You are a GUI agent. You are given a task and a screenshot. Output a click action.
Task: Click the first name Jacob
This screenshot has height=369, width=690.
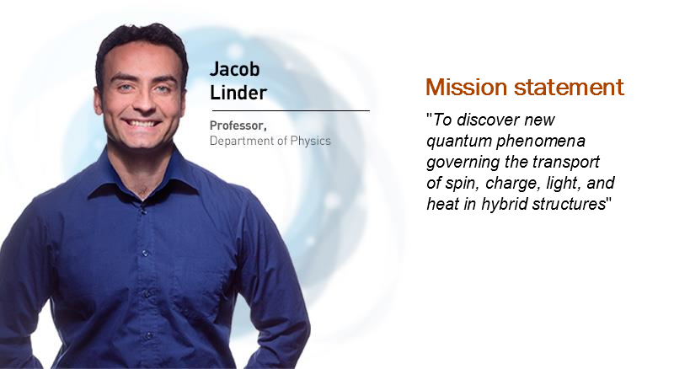click(x=234, y=69)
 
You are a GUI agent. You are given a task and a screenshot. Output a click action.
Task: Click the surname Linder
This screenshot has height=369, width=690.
click(x=238, y=93)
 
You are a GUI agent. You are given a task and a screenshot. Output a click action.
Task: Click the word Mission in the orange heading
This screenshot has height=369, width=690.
click(x=467, y=87)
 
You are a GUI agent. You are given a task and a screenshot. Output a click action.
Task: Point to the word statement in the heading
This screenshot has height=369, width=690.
click(x=569, y=87)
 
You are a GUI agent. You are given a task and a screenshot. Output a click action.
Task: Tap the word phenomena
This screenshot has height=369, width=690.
click(x=541, y=142)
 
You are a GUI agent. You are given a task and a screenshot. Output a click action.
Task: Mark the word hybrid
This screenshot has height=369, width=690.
click(x=505, y=205)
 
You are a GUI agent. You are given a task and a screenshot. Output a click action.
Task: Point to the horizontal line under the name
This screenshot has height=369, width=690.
click(x=291, y=111)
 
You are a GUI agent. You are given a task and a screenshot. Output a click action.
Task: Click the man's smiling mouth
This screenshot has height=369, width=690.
click(x=141, y=123)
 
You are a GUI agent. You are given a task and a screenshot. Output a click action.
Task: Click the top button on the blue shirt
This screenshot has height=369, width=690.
click(x=142, y=211)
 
